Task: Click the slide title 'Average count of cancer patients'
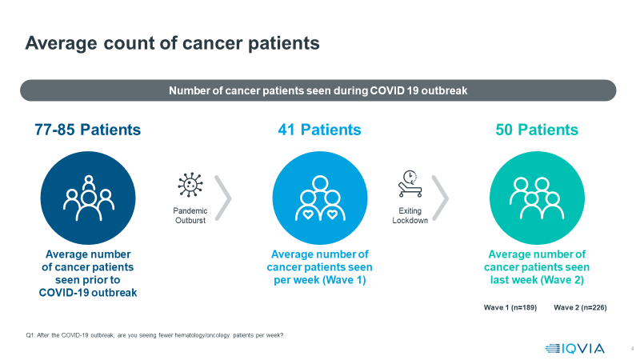tap(172, 43)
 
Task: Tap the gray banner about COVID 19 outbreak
tap(318, 90)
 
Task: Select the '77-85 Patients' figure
tap(88, 130)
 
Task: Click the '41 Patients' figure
tap(320, 130)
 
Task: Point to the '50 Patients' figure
tap(537, 130)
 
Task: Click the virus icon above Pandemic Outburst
tap(190, 184)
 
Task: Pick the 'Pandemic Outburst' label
tap(190, 215)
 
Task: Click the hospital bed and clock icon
tap(410, 184)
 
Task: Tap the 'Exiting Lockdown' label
tap(410, 215)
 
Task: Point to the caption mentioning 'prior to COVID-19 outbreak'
tap(88, 274)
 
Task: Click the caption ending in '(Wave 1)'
tap(319, 267)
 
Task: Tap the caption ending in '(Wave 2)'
tap(537, 267)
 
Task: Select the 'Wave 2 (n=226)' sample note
tap(579, 307)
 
